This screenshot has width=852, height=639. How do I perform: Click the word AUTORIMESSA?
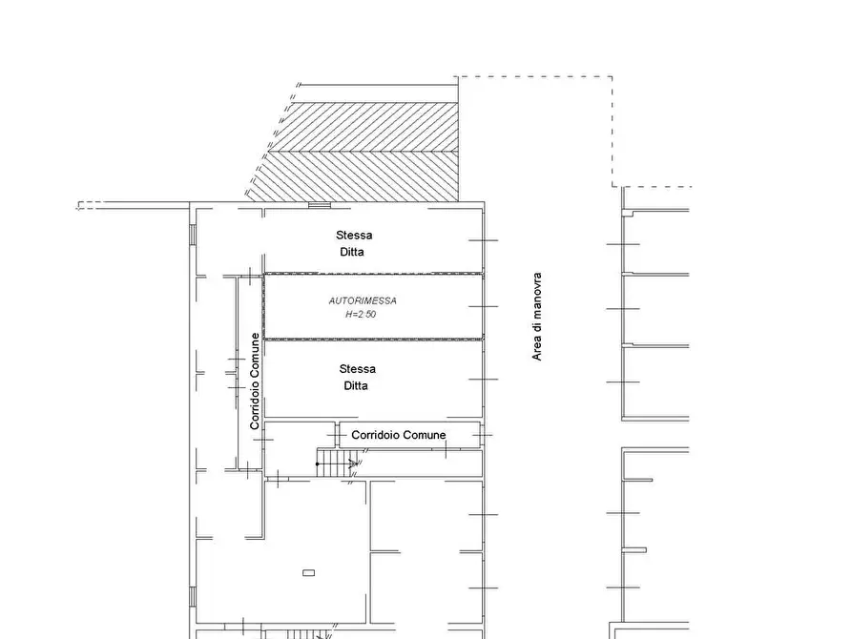coord(363,300)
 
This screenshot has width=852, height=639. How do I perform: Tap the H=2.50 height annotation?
coord(362,314)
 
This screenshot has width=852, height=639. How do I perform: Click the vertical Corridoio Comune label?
coord(255,381)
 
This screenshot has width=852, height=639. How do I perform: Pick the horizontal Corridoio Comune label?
coord(398,435)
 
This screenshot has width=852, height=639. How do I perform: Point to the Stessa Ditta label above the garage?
coord(353,243)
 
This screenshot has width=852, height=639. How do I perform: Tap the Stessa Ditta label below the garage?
coord(356,378)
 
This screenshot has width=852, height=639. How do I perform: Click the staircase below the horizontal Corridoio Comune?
coord(336,464)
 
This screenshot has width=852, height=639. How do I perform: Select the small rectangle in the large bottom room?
coord(308,572)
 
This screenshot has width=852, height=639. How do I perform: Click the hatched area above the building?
coord(363,153)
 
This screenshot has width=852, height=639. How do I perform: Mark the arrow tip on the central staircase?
coord(356,464)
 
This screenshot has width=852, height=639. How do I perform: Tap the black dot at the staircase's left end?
coord(318,464)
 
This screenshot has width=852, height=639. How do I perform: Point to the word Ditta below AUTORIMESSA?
coord(356,386)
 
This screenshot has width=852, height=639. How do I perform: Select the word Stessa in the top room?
coord(354,235)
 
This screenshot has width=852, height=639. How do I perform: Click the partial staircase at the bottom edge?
coord(303,633)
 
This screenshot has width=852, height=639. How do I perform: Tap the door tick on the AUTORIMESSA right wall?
coord(484,306)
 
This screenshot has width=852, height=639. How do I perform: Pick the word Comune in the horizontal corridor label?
coord(424,435)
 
